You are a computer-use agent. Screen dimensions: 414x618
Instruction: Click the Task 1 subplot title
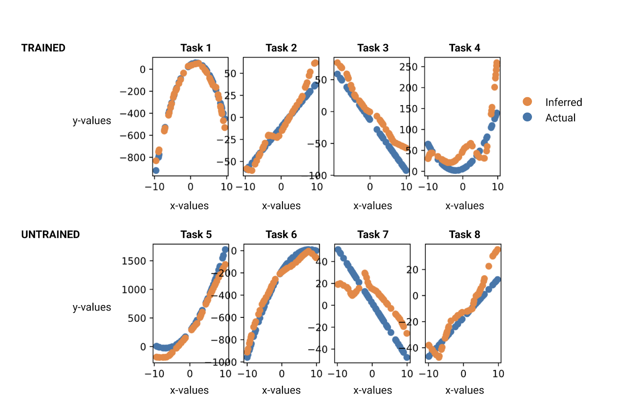click(x=196, y=48)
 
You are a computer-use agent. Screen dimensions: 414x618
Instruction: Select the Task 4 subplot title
click(x=464, y=48)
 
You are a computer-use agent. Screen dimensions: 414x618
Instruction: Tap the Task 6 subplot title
click(x=281, y=234)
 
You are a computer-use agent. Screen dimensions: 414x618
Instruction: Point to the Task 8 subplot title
click(x=464, y=234)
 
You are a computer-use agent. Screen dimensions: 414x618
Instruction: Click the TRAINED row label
click(x=43, y=48)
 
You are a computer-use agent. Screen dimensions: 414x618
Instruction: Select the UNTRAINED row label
click(x=50, y=234)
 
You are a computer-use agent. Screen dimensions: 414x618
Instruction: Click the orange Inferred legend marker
click(x=527, y=102)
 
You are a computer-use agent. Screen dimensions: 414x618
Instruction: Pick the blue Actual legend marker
click(x=527, y=117)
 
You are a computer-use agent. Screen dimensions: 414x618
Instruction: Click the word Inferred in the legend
click(x=564, y=102)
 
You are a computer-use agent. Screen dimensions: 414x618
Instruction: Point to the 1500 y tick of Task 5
click(x=134, y=261)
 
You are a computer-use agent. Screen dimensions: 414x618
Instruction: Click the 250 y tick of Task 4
click(x=409, y=67)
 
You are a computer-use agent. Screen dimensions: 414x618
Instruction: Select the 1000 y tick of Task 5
click(x=134, y=290)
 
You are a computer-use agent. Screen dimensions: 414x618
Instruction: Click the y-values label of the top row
click(x=92, y=121)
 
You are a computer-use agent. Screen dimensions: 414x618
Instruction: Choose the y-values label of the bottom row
click(x=92, y=307)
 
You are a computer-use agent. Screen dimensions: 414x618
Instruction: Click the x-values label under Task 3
click(x=373, y=206)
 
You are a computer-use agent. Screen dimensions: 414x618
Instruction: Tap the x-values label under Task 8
click(x=464, y=390)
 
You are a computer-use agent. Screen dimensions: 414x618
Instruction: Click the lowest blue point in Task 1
click(x=156, y=170)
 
